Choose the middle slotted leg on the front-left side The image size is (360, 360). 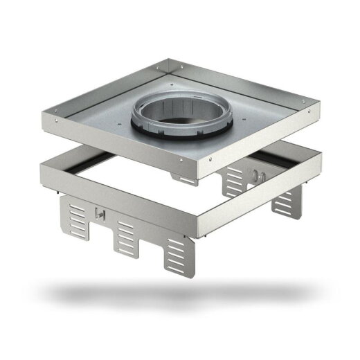(125, 240)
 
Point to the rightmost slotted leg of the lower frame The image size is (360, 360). (285, 201)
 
